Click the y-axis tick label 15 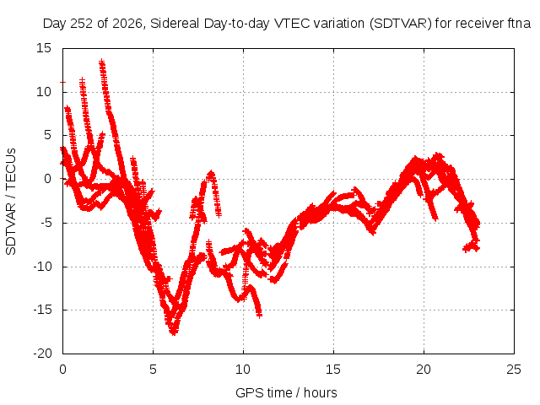tap(43, 48)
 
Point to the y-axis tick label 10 tap(43, 92)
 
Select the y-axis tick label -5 tap(46, 223)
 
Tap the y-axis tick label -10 tap(42, 267)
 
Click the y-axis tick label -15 tap(42, 310)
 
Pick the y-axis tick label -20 tap(42, 354)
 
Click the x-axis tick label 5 tap(153, 370)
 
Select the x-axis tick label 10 tap(243, 370)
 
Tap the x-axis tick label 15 tap(333, 370)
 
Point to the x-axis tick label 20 tap(424, 370)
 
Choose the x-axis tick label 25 tap(514, 370)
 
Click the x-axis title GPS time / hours tap(286, 392)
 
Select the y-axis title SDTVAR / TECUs tap(11, 202)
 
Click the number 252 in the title tap(82, 24)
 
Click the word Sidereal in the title tap(175, 24)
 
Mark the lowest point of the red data tap(173, 332)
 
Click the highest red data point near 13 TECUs tap(101, 62)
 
